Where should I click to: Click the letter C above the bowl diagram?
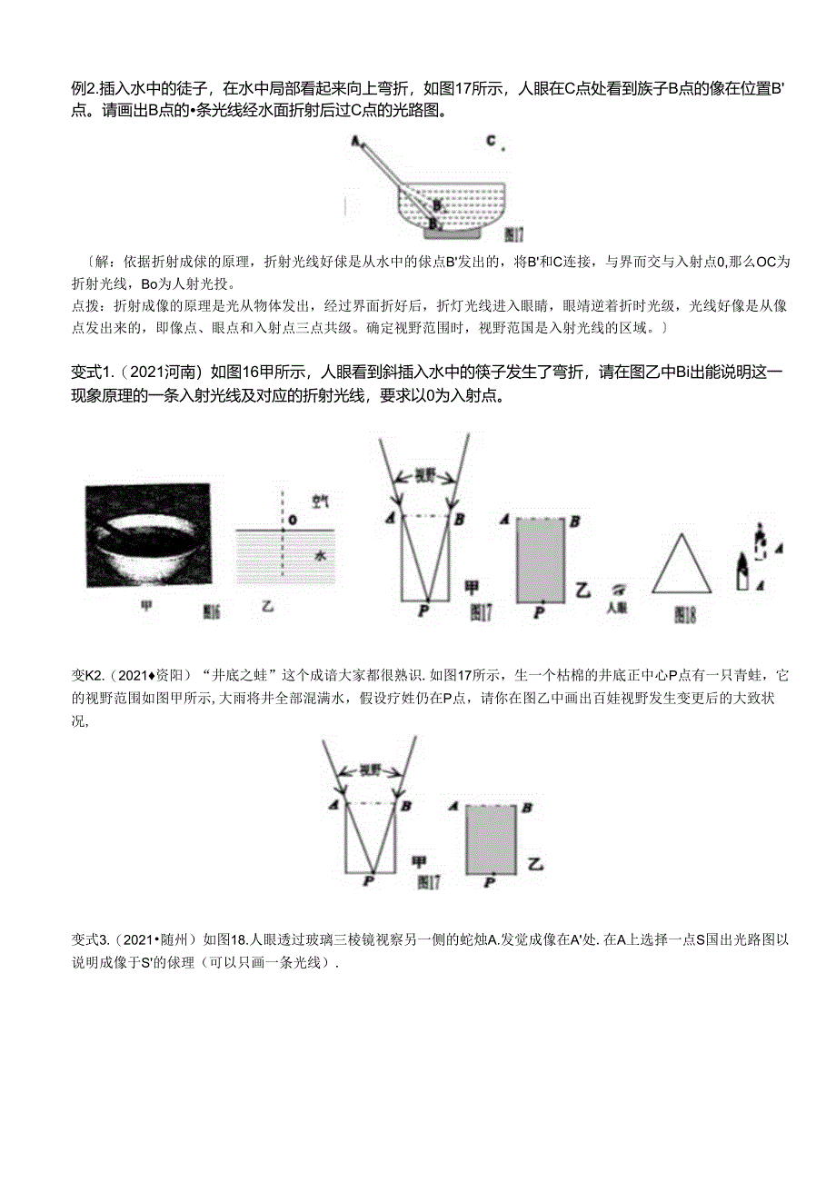(x=490, y=141)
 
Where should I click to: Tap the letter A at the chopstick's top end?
(x=354, y=141)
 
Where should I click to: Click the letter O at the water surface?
(x=293, y=521)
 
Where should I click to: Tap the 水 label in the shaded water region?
(x=318, y=553)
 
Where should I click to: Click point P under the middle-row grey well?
(x=539, y=613)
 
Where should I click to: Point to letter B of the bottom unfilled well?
(x=404, y=805)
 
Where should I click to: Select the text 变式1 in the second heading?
(x=92, y=372)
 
